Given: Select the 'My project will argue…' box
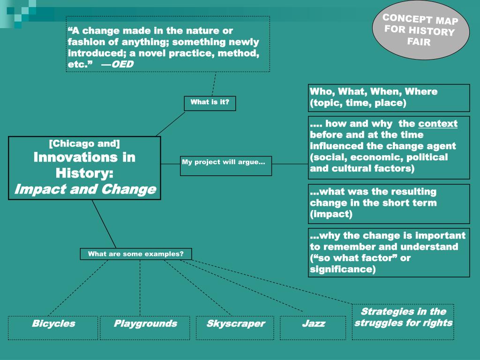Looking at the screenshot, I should tap(225, 165).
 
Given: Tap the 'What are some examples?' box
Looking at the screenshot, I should tap(136, 254).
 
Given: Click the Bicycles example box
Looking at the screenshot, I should tap(53, 327).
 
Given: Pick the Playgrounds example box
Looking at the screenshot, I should tap(145, 327).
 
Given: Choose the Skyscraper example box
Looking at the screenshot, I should tap(235, 327).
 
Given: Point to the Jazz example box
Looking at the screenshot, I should tap(313, 327).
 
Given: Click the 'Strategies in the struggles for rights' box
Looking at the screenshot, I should tap(403, 322).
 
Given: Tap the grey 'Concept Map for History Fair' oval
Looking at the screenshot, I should tap(420, 30).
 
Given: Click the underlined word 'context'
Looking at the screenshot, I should tap(438, 124).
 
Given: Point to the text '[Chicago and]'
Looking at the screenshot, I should tap(84, 143).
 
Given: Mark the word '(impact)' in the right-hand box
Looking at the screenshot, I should tap(330, 214).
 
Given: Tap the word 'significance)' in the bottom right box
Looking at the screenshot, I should tap(342, 269).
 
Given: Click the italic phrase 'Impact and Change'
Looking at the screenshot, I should tap(85, 189).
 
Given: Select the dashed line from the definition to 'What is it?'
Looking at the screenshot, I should tap(214, 84).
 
